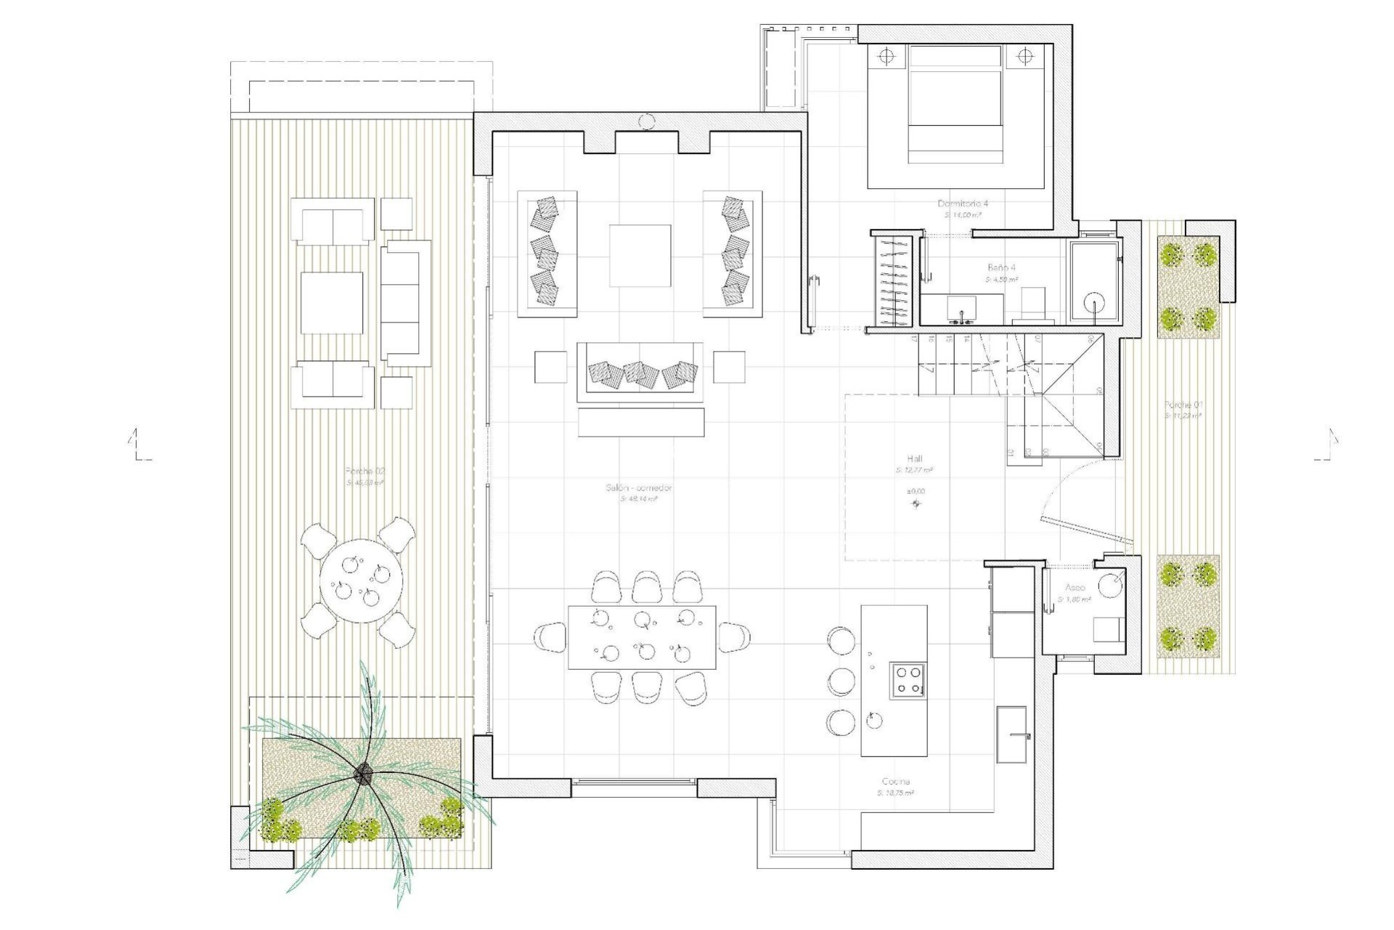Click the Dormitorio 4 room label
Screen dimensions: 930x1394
[963, 203]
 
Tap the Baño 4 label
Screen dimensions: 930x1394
[1001, 267]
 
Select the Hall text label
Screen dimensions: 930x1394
[915, 458]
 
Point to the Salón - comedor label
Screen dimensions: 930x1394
[639, 488]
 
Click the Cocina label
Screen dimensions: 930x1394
[895, 781]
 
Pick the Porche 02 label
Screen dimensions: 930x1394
[365, 471]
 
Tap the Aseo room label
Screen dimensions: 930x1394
[1075, 587]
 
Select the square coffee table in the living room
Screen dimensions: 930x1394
[640, 256]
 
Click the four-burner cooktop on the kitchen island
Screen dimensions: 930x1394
[908, 681]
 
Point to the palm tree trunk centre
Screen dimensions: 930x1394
[362, 775]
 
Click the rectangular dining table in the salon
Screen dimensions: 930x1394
[642, 636]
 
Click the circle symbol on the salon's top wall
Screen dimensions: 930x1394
[647, 122]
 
